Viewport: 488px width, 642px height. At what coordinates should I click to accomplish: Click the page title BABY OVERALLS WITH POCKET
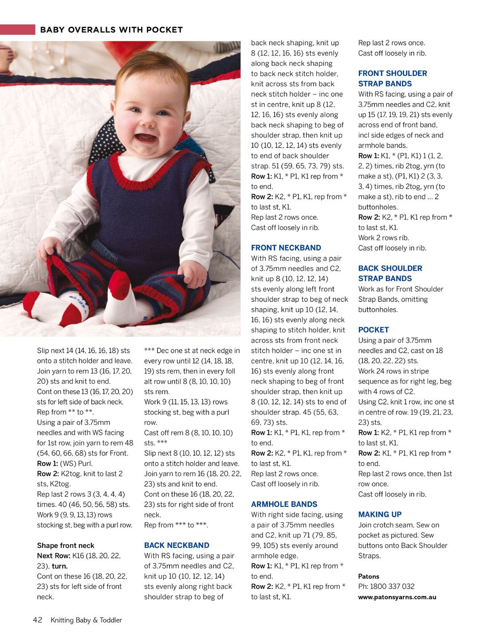[x=111, y=30]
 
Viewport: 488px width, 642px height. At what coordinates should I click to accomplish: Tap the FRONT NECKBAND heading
[x=286, y=248]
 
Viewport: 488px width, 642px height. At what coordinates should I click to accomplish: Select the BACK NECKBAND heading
[x=177, y=545]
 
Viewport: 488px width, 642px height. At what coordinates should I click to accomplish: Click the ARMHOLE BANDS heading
[x=284, y=504]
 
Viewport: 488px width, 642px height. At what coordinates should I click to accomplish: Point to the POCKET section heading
[x=373, y=330]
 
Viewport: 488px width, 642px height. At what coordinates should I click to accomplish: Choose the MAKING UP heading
[x=380, y=515]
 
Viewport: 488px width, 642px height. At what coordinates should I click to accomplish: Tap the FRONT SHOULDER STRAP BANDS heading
[x=392, y=79]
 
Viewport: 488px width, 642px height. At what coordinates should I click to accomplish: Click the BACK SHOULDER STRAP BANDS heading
[x=390, y=273]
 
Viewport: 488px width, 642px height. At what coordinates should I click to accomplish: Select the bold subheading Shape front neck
[x=65, y=545]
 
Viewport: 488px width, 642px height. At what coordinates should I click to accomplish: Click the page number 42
[x=38, y=620]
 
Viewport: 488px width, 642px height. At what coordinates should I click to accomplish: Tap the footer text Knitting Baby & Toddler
[x=86, y=620]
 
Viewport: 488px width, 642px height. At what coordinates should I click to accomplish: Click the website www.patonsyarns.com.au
[x=397, y=597]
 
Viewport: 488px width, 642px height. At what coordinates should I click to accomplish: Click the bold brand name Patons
[x=369, y=576]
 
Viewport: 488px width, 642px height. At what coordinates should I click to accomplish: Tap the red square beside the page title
[x=17, y=30]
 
